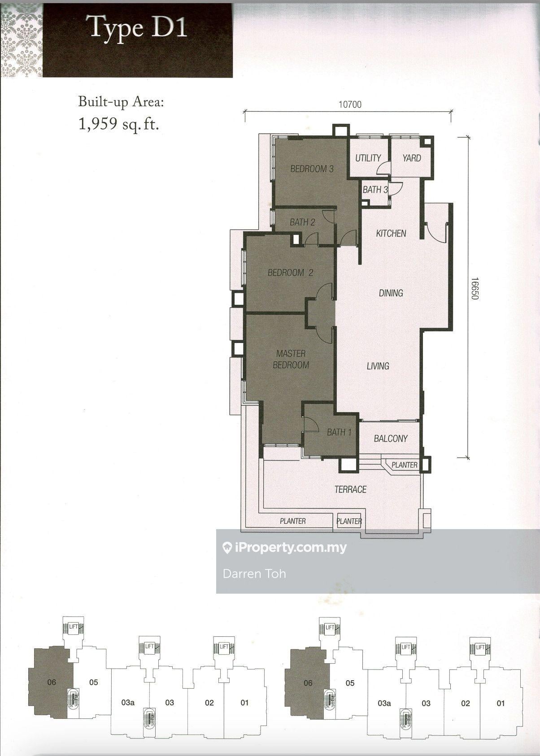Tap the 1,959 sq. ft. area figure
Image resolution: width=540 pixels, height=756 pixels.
tap(119, 124)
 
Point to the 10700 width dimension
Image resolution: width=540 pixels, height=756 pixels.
tap(349, 105)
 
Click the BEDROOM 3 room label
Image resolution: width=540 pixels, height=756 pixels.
tap(312, 169)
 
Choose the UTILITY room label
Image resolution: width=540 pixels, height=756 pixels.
tap(368, 158)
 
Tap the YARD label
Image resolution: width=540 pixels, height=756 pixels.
tap(411, 158)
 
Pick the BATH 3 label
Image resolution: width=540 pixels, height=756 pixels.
tap(375, 190)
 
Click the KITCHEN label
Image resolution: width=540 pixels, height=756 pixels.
tap(391, 233)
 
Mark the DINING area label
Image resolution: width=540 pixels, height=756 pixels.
tap(391, 293)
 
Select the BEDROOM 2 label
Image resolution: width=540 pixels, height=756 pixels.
tap(290, 273)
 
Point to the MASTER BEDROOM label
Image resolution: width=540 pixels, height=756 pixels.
tap(291, 359)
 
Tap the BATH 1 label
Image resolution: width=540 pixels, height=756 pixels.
tap(339, 432)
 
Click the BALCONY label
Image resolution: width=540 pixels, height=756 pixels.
tap(390, 439)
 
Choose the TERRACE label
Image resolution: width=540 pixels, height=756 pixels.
tap(350, 489)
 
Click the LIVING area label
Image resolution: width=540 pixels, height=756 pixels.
tap(378, 366)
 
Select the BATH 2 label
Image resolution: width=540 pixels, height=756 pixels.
tap(302, 222)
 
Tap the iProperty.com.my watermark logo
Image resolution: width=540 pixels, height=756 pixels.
tap(285, 547)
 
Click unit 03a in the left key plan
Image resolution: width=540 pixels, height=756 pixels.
tap(128, 703)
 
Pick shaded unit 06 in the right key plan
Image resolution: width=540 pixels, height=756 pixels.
tap(308, 683)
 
